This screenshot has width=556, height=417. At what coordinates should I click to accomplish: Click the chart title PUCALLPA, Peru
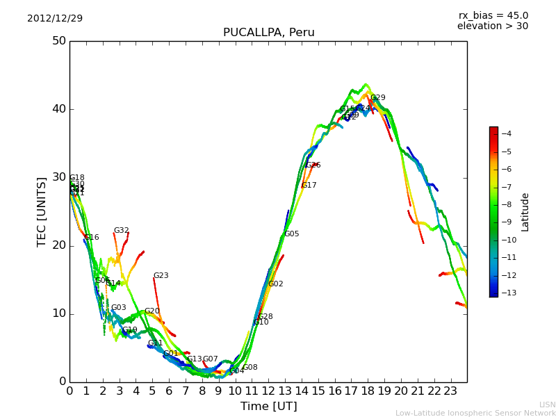tap(268, 33)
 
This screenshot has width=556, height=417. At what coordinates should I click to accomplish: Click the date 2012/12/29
tap(55, 18)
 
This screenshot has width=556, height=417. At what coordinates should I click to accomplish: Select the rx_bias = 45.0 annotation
tap(493, 15)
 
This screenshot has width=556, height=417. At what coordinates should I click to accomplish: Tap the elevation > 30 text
tap(492, 26)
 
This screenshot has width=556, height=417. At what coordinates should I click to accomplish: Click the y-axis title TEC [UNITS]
tap(42, 211)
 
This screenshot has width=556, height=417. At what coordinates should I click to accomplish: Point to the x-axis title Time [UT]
tap(268, 407)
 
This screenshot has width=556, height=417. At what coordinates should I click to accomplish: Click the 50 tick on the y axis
tap(58, 41)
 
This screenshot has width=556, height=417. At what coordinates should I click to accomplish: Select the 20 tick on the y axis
tap(58, 245)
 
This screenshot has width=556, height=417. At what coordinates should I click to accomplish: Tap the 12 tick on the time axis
tap(268, 391)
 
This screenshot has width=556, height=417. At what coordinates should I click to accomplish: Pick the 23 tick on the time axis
tap(450, 391)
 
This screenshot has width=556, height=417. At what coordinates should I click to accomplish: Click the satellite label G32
tap(122, 231)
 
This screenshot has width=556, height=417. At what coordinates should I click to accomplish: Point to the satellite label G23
tap(161, 276)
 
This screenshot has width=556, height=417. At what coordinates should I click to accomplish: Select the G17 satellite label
tap(309, 186)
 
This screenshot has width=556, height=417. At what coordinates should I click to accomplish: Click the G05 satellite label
tap(291, 234)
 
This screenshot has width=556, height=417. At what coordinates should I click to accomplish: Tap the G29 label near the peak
tap(377, 98)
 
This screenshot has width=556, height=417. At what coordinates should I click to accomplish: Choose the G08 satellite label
tap(250, 368)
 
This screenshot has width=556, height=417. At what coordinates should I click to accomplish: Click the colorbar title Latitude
tap(525, 211)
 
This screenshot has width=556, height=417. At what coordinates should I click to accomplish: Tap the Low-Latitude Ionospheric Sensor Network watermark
tap(475, 414)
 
